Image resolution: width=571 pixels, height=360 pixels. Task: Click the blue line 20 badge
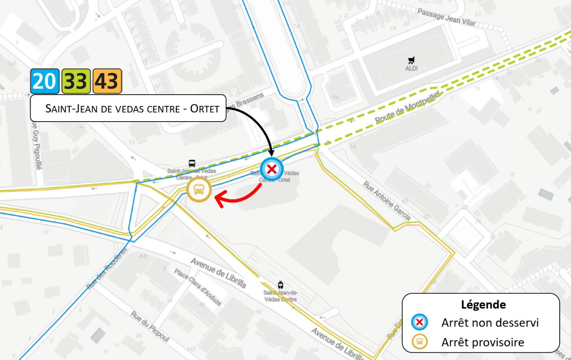tap(45, 81)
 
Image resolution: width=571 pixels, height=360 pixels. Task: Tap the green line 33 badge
tap(76, 81)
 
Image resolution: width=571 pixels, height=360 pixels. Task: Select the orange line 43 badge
tap(107, 81)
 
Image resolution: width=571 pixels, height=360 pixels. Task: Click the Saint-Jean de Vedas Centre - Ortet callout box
tap(128, 108)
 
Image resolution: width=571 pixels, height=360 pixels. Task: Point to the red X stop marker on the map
tap(272, 169)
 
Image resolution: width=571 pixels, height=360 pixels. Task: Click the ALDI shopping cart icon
tap(411, 60)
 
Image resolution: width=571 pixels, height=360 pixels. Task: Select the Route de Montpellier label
tap(408, 108)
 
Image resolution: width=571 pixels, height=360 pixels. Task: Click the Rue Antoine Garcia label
tap(387, 201)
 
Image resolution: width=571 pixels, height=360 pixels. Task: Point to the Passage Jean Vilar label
tap(446, 17)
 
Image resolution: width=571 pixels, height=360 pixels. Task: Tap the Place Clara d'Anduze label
tap(198, 287)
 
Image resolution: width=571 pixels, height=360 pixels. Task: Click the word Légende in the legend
tap(483, 304)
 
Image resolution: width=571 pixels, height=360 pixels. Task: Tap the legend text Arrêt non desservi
tap(490, 323)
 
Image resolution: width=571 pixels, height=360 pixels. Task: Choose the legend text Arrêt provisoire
tap(482, 342)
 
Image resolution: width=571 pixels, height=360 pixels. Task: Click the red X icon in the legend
tap(420, 322)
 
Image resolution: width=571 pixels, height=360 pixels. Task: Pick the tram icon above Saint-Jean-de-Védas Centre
tap(280, 285)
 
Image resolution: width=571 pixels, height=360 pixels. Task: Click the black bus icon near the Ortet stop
tap(192, 163)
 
